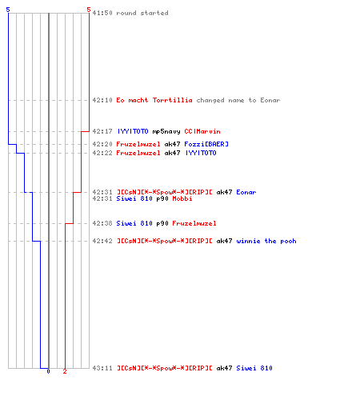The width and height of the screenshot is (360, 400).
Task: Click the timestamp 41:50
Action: coord(102,13)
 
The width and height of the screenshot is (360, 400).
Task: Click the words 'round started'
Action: coord(142,13)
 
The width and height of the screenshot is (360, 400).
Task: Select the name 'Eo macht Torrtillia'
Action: coord(154,100)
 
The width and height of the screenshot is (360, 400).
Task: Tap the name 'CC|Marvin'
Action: coord(202,131)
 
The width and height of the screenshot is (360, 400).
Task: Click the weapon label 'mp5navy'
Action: coord(166,132)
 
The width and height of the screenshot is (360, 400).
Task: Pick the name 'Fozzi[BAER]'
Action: coord(206,144)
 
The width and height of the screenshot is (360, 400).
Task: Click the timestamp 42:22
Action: coord(102,153)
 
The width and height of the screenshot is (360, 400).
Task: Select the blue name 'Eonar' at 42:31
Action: coord(246,192)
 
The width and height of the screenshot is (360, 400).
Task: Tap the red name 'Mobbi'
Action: coord(182,198)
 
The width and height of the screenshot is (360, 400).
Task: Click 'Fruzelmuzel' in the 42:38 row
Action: coord(194,223)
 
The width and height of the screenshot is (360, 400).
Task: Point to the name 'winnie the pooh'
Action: coord(266,241)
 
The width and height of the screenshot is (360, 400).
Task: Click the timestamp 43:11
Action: coord(102,368)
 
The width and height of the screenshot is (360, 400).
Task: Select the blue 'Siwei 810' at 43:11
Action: coord(254,368)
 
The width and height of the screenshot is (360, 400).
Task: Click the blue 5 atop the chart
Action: coord(8,10)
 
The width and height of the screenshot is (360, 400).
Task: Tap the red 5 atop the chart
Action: coord(89,10)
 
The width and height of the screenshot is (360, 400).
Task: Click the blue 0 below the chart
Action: coord(48,371)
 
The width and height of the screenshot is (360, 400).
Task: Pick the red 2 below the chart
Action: coord(65,371)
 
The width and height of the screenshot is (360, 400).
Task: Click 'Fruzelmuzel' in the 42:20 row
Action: coord(138,144)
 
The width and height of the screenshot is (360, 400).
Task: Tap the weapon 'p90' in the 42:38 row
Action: coord(162,224)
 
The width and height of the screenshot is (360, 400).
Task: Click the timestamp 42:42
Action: coord(102,241)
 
